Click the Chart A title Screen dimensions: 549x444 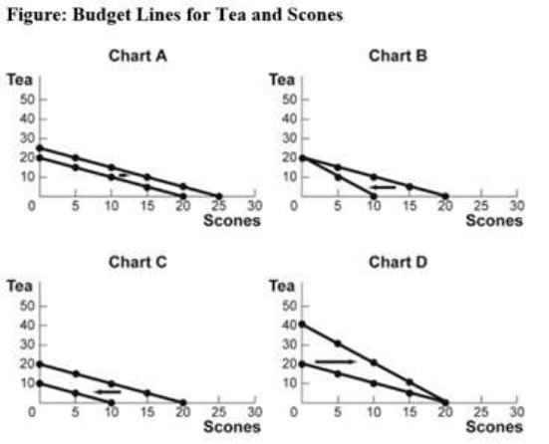click(x=137, y=56)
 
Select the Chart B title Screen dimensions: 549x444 click(x=399, y=56)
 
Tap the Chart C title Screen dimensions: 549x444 click(x=137, y=262)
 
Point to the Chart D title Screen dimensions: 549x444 click(x=399, y=262)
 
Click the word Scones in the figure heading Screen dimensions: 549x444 click(x=315, y=15)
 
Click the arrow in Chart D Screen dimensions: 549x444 click(x=335, y=361)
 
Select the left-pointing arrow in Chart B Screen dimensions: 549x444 click(x=383, y=187)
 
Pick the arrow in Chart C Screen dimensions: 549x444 click(x=108, y=391)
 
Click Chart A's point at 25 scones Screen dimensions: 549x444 click(x=219, y=196)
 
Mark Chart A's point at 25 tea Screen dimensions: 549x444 click(x=40, y=148)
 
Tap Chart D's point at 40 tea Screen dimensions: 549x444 click(x=302, y=325)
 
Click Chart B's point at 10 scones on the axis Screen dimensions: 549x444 click(x=374, y=196)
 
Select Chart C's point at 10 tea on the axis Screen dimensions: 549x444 click(x=40, y=383)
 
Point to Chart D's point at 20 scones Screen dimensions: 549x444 click(x=445, y=402)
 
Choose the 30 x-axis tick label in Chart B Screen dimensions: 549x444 click(x=517, y=206)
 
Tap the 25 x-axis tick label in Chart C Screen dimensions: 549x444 click(x=219, y=412)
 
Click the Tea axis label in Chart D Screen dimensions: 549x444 click(x=282, y=286)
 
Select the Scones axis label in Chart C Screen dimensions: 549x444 click(x=232, y=427)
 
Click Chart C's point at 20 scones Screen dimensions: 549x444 click(x=182, y=402)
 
